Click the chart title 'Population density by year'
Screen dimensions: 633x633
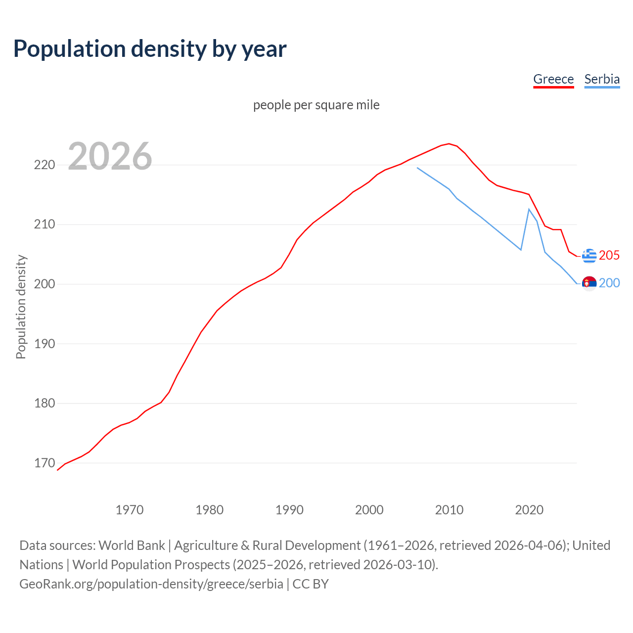(150, 49)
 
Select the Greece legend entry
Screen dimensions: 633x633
(553, 79)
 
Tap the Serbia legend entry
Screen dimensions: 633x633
(602, 79)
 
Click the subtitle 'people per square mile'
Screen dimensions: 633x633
(316, 105)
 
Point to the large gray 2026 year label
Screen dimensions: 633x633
(110, 156)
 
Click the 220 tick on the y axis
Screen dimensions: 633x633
(44, 165)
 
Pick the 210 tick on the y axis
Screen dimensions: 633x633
(44, 225)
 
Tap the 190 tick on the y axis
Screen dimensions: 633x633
(44, 344)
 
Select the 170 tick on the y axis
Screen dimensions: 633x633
(44, 463)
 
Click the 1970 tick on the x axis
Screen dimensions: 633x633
(130, 510)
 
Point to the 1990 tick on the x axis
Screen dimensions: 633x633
(289, 510)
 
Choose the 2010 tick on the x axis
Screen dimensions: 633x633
(449, 510)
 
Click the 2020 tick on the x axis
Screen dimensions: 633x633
(529, 510)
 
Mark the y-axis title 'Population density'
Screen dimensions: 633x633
(21, 307)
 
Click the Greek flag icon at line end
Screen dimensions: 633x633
(589, 256)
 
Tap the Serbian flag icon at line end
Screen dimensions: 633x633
(589, 283)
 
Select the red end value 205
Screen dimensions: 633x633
(609, 255)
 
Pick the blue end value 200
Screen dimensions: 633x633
(609, 283)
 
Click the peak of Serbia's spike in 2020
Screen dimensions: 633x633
(529, 209)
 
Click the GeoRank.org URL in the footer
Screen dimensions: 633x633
(151, 584)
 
